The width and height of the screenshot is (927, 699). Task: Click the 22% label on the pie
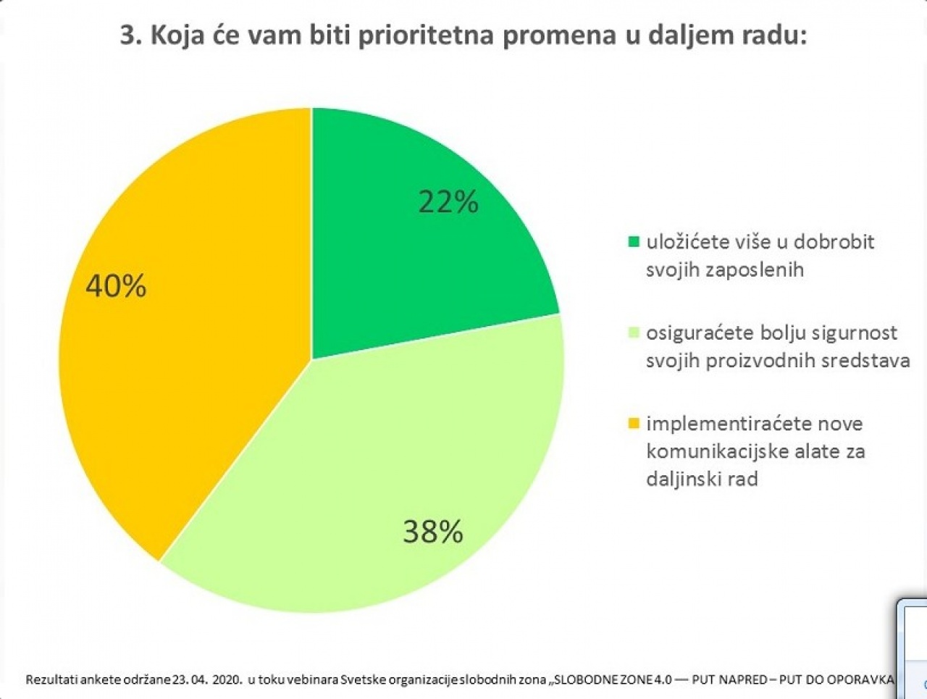448,202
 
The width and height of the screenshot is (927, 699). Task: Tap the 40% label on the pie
116,286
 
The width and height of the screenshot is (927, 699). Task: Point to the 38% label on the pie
433,531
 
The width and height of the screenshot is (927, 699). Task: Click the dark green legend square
634,242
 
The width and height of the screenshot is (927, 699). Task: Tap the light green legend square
634,332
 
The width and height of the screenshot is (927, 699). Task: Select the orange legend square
634,424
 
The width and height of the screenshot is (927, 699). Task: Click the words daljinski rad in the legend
702,480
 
